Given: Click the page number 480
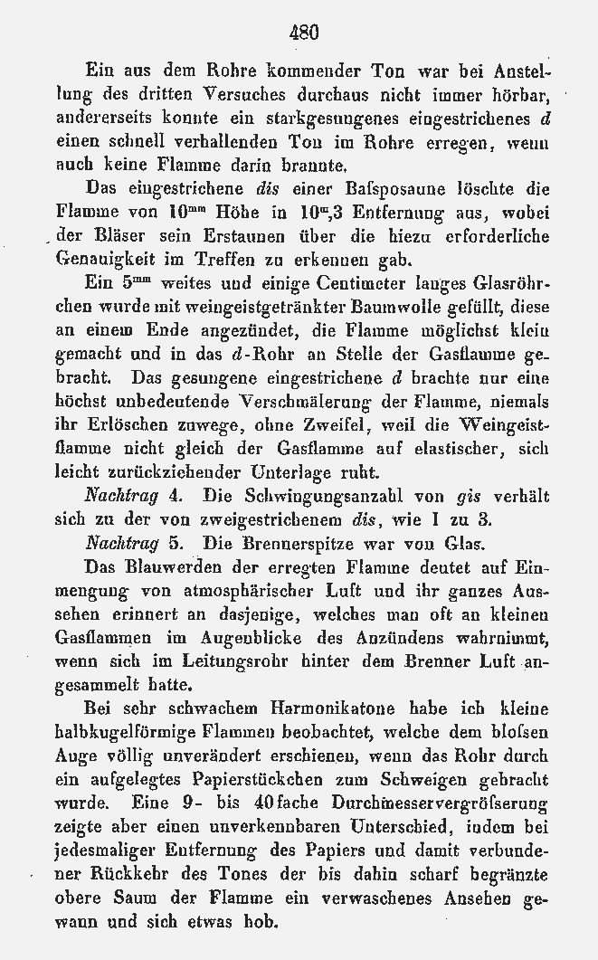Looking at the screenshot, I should pos(304,33).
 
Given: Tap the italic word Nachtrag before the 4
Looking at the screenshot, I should pos(118,497).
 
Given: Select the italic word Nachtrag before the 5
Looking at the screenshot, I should pos(118,545).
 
